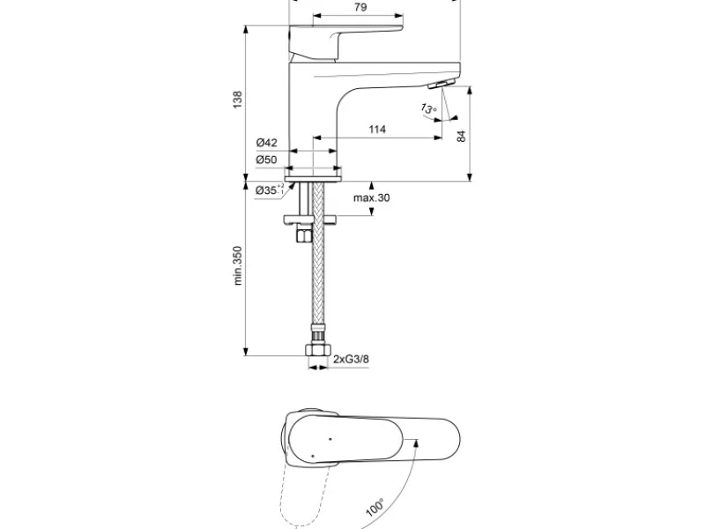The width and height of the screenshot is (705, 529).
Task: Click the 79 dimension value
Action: [360, 7]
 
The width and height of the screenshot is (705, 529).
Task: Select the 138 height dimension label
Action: [237, 100]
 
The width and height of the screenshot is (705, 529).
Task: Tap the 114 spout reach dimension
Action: [377, 130]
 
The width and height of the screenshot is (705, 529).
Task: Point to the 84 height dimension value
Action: [461, 137]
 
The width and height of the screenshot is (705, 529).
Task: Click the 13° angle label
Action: [428, 108]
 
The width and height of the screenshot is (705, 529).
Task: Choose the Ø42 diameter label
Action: [267, 143]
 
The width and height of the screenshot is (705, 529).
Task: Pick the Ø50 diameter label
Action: [267, 160]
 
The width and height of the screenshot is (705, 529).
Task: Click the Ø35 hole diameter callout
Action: [270, 190]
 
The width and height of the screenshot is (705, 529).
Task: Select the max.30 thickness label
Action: [371, 197]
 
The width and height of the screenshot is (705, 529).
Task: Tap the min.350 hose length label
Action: [237, 265]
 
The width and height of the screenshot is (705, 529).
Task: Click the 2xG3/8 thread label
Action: [351, 359]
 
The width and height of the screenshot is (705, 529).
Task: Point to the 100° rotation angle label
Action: [375, 507]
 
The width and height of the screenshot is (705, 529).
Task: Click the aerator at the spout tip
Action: [442, 84]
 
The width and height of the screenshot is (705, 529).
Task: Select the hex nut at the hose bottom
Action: [318, 349]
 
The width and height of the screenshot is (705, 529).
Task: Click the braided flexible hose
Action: [318, 257]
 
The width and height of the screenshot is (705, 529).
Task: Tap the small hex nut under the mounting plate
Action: [304, 234]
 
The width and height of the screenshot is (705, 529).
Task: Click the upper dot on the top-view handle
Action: [330, 438]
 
